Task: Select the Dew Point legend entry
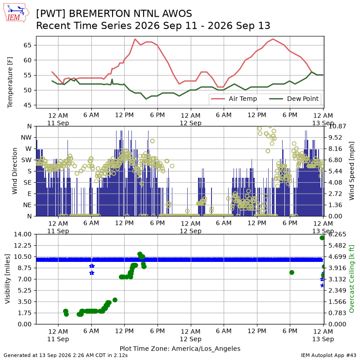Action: tap(294, 99)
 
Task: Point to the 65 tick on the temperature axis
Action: tap(27, 45)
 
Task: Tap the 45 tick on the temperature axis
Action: tap(27, 105)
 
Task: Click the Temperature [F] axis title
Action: tap(9, 82)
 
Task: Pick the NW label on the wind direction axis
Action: tap(26, 138)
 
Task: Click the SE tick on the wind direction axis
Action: tap(27, 183)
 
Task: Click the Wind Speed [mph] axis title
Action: tap(351, 171)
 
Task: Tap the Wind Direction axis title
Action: tap(14, 171)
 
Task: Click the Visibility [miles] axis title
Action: tap(8, 279)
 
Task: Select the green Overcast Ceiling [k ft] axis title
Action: tap(351, 279)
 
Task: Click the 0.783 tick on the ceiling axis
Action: tap(337, 313)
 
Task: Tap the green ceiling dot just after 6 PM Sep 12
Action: tap(292, 273)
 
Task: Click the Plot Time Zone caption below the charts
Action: tap(180, 349)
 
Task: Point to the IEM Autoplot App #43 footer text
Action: tap(328, 355)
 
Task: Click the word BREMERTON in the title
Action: tap(100, 14)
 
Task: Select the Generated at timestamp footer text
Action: tap(66, 355)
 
